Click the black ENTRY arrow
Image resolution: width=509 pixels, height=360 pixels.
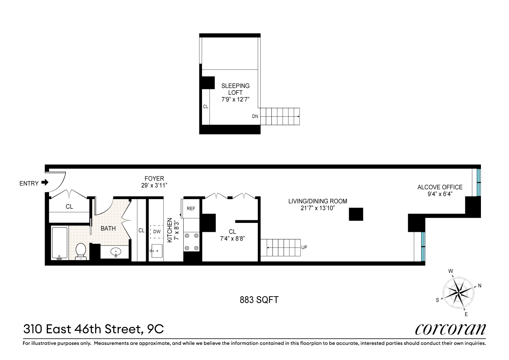pyautogui.click(x=45, y=183)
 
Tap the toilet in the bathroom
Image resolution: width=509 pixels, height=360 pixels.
pyautogui.click(x=81, y=251)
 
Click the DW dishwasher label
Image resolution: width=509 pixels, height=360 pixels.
pyautogui.click(x=157, y=232)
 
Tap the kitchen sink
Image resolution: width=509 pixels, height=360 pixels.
pyautogui.click(x=157, y=251)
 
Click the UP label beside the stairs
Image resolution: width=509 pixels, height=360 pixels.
pyautogui.click(x=304, y=248)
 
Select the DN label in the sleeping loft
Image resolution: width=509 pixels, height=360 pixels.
pyautogui.click(x=255, y=117)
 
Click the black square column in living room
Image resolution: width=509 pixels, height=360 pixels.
pyautogui.click(x=356, y=214)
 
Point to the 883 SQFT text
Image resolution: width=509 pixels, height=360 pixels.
pyautogui.click(x=259, y=300)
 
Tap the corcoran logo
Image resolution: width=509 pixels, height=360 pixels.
pyautogui.click(x=450, y=329)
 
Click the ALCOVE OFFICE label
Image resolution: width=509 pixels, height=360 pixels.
pyautogui.click(x=440, y=187)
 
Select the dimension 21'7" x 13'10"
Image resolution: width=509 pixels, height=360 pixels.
pyautogui.click(x=317, y=208)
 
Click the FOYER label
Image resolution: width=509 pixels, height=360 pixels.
pyautogui.click(x=154, y=179)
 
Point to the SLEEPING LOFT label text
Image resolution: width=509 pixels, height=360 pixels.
pyautogui.click(x=235, y=89)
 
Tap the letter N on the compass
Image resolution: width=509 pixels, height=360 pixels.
pyautogui.click(x=479, y=286)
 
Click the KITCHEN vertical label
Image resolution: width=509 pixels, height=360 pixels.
pyautogui.click(x=170, y=230)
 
